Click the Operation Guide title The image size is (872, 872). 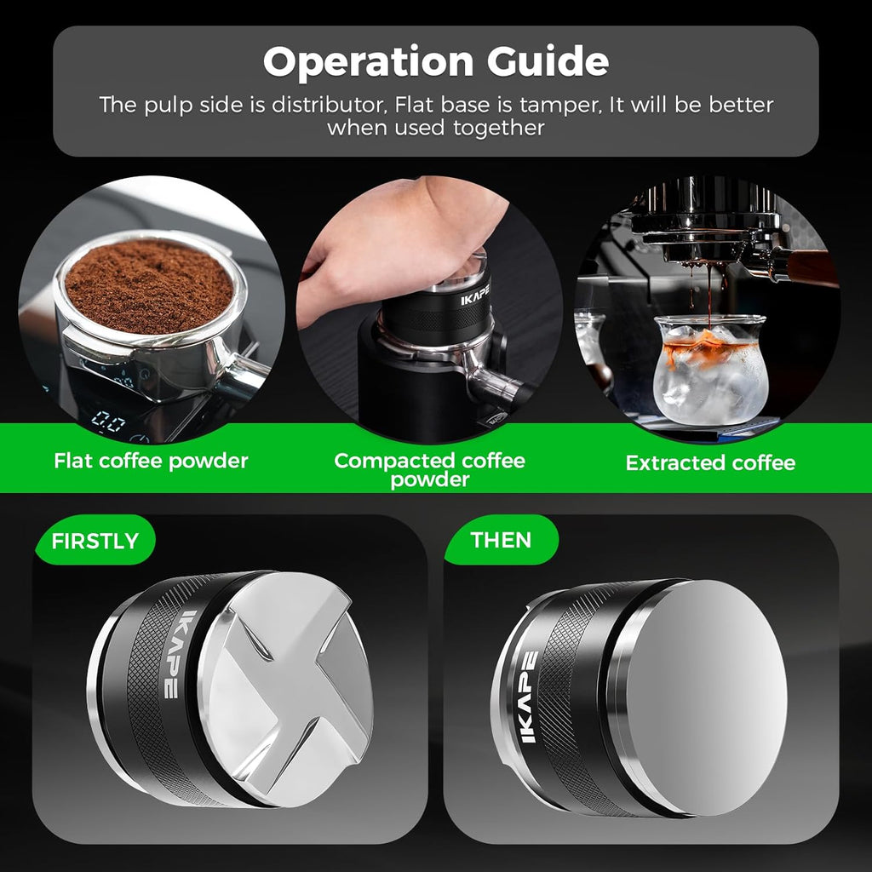[435, 62]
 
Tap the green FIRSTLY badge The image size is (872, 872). [95, 542]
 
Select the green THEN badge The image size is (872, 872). [501, 540]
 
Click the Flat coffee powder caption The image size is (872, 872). [151, 462]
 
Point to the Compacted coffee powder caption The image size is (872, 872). [429, 470]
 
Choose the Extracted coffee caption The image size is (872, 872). [710, 463]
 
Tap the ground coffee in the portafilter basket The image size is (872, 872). [149, 285]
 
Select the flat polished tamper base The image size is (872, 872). [711, 694]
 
